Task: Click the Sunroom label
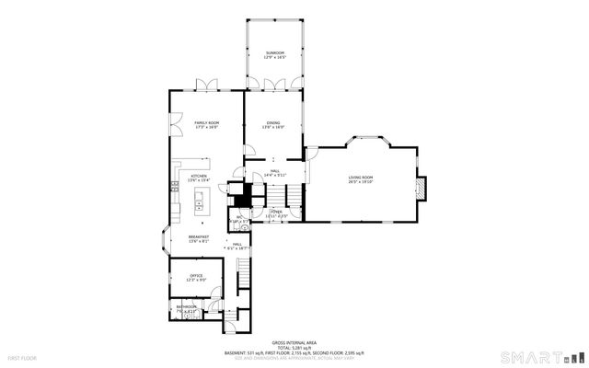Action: click(274, 53)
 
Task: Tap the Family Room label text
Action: click(206, 122)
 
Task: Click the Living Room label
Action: click(360, 177)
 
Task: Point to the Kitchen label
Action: click(198, 177)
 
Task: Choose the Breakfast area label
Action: click(199, 236)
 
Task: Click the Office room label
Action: click(196, 275)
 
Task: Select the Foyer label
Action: click(275, 212)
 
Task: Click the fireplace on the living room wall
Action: click(419, 188)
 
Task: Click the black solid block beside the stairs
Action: click(241, 197)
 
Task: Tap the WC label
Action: click(238, 218)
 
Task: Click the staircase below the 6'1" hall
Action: click(244, 271)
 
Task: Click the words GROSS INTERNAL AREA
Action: click(294, 340)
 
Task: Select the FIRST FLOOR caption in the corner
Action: click(22, 357)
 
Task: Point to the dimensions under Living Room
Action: click(360, 182)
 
